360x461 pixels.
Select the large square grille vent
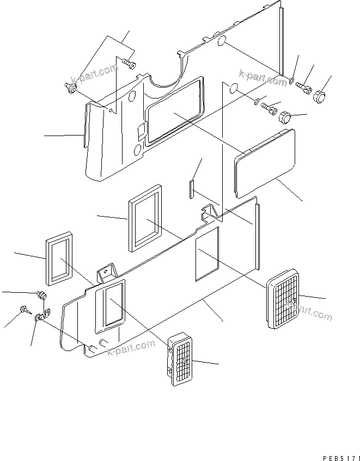point(283,299)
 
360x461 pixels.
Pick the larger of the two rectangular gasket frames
point(145,218)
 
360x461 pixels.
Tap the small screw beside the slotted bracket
point(25,310)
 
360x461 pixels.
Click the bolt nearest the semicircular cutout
point(130,64)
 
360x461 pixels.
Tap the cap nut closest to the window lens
point(286,116)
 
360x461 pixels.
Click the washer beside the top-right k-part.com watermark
point(292,82)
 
